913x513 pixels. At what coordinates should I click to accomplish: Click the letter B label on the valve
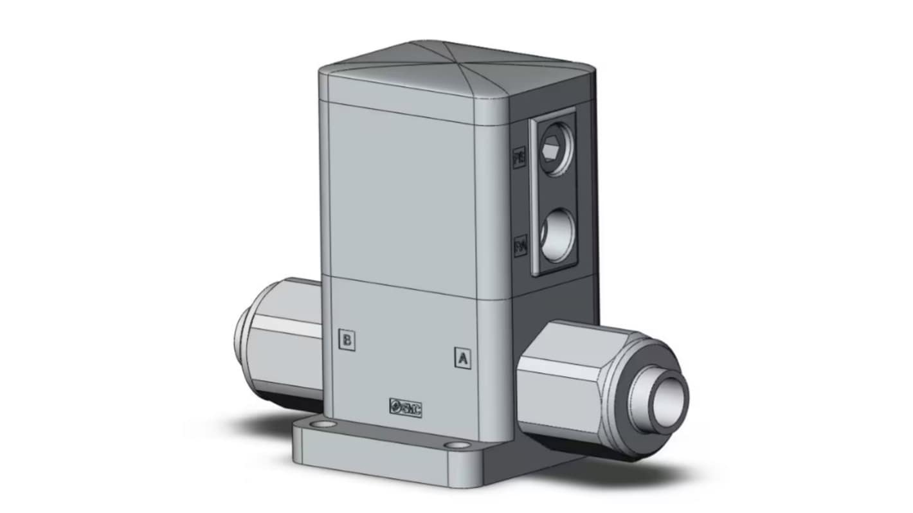point(347,340)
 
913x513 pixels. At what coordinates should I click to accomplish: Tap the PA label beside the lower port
point(520,247)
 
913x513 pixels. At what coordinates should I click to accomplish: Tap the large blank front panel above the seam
point(402,199)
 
